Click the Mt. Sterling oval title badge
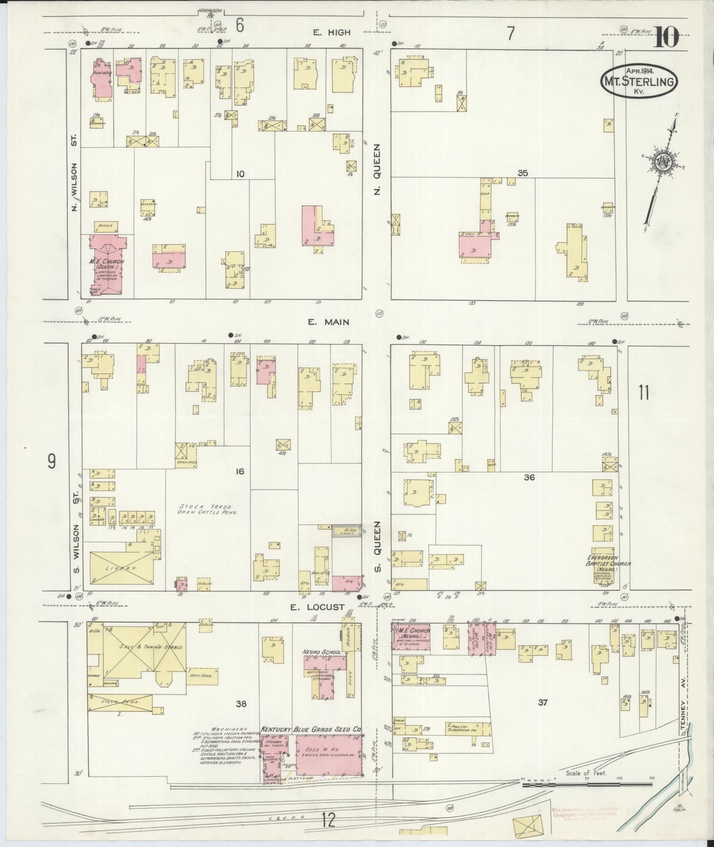(638, 81)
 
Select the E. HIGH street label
(332, 32)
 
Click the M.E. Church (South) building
(106, 264)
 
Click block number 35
(523, 173)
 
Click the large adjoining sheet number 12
(328, 821)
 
